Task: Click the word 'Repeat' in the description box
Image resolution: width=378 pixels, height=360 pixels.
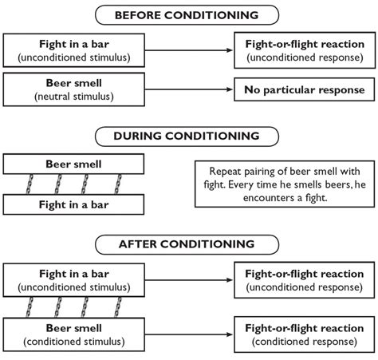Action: coord(226,171)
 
